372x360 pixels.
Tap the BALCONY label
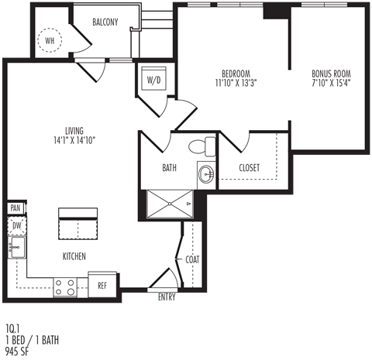point(105,22)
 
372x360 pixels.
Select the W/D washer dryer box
point(153,79)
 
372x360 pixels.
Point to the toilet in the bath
point(202,146)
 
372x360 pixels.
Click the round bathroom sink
point(206,174)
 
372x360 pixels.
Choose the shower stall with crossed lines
point(170,204)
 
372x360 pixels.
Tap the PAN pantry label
point(15,208)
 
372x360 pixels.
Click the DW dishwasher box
point(17,226)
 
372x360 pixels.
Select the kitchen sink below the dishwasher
point(17,248)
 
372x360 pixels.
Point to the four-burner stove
point(65,287)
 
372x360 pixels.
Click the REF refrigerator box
point(102,286)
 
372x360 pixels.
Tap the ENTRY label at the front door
point(167,297)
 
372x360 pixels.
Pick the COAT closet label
point(192,259)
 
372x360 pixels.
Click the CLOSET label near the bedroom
point(250,168)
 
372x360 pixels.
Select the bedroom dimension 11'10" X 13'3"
point(236,83)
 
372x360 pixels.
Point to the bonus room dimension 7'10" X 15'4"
point(332,83)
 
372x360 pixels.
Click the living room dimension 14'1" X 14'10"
point(74,141)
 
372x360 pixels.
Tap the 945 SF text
point(17,351)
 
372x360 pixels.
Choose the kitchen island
point(78,224)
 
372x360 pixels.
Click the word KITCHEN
point(74,256)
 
